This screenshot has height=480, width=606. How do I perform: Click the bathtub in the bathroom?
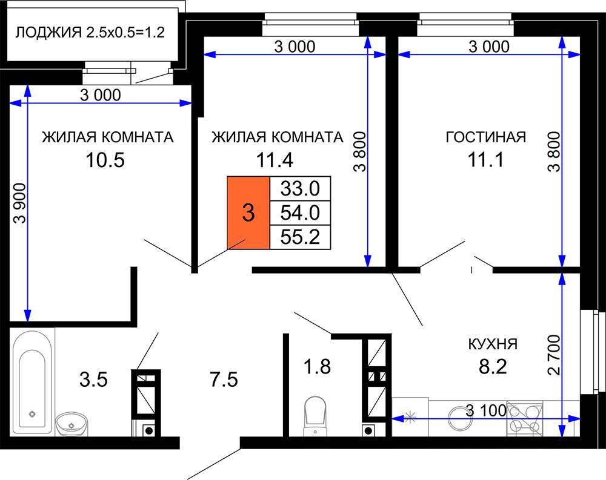pyautogui.click(x=32, y=381)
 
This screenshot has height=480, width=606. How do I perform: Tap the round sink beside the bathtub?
pyautogui.click(x=72, y=424)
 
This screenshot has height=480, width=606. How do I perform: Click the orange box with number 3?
pyautogui.click(x=248, y=213)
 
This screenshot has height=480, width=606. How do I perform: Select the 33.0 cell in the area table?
pyautogui.click(x=300, y=188)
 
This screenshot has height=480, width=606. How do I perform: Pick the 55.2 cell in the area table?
pyautogui.click(x=300, y=237)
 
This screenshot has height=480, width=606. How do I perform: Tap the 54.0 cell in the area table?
pyautogui.click(x=300, y=212)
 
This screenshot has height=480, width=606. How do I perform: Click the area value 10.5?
pyautogui.click(x=105, y=160)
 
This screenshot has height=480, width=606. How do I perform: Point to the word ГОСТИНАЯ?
pyautogui.click(x=486, y=137)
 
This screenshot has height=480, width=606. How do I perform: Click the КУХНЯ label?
pyautogui.click(x=493, y=344)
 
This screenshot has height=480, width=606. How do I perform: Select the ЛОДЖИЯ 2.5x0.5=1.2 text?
pyautogui.click(x=90, y=32)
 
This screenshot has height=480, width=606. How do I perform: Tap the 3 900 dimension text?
pyautogui.click(x=20, y=203)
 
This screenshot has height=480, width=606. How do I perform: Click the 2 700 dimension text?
pyautogui.click(x=554, y=355)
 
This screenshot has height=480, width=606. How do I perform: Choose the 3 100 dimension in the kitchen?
pyautogui.click(x=486, y=410)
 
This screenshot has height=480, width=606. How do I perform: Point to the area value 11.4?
pyautogui.click(x=275, y=160)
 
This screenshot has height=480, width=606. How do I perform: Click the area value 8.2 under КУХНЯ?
pyautogui.click(x=493, y=366)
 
